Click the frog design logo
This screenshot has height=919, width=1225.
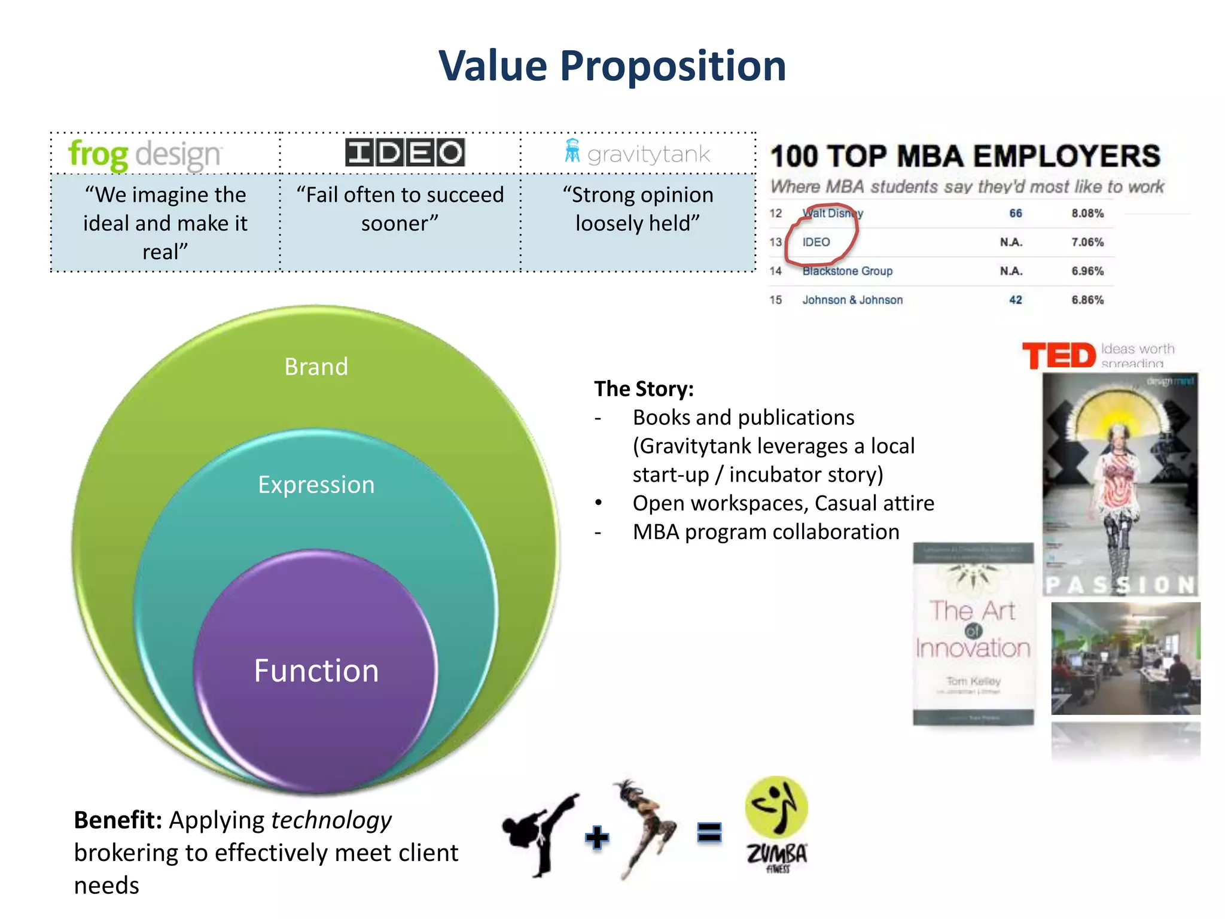pos(145,154)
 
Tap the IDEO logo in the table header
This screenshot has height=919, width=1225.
pos(405,153)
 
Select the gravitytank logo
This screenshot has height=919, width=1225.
pos(638,153)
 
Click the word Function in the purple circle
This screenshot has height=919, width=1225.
pos(316,671)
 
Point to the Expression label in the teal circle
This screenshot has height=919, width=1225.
pos(316,485)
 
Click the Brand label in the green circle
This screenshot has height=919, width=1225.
pos(316,366)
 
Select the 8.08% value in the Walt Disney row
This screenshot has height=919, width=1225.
pos(1087,214)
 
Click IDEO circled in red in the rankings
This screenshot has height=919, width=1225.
pos(816,242)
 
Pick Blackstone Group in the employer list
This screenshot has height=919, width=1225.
pos(847,271)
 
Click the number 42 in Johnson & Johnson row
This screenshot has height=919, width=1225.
pos(1015,300)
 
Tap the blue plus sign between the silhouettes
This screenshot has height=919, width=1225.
pos(596,837)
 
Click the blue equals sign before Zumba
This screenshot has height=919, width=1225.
pos(709,832)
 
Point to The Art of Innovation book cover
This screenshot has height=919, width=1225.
pos(973,634)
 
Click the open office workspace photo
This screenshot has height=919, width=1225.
pos(1125,658)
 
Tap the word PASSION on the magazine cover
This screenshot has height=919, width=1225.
pos(1120,585)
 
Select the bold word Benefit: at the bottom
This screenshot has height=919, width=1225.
pos(118,820)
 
